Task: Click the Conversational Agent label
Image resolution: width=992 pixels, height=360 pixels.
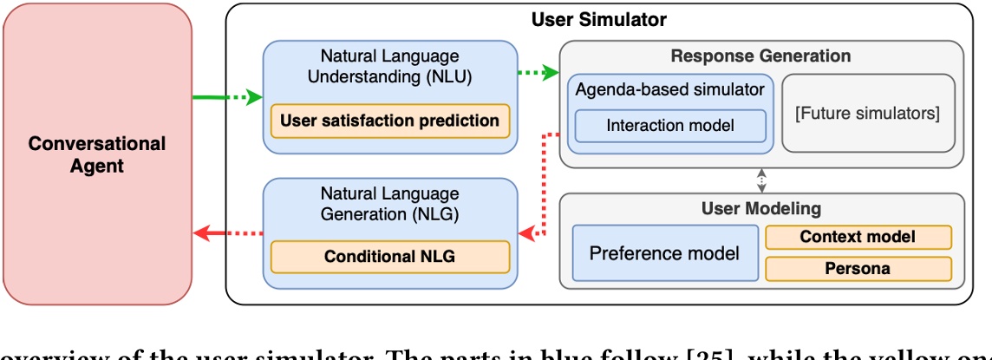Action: tap(97, 154)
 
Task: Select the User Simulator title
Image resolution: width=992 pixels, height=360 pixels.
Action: tap(598, 19)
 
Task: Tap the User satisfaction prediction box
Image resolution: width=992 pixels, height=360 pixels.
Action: tap(389, 121)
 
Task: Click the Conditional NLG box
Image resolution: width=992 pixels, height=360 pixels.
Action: tap(389, 256)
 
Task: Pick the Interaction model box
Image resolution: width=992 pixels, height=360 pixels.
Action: tap(669, 125)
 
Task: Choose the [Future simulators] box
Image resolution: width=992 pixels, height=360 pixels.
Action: tap(868, 113)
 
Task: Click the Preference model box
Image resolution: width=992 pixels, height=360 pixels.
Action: tap(664, 253)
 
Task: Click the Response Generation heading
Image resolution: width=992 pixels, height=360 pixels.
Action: tap(760, 56)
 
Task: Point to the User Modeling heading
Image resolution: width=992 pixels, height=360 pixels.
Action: tap(760, 209)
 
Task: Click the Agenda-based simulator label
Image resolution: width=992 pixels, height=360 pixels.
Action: tap(669, 88)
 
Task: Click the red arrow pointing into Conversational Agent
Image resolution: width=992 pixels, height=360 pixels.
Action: tap(225, 232)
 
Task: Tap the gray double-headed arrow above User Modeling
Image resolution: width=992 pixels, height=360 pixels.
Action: tap(760, 180)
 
